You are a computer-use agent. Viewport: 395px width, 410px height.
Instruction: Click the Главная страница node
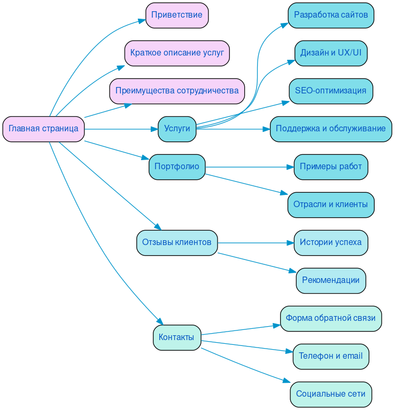click(x=43, y=129)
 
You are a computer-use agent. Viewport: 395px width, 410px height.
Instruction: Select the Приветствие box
click(x=176, y=15)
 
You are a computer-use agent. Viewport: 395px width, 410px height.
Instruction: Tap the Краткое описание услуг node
click(x=177, y=53)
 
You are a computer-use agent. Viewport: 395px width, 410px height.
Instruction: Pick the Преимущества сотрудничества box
click(x=177, y=91)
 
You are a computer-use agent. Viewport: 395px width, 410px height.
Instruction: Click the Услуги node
click(x=177, y=129)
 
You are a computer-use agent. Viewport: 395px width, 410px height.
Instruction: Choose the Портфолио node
click(x=177, y=167)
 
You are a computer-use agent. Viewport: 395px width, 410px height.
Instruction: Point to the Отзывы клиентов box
click(x=177, y=242)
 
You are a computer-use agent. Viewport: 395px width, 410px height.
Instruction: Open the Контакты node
click(x=177, y=337)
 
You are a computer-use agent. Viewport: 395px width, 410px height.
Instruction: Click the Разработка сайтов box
click(x=331, y=15)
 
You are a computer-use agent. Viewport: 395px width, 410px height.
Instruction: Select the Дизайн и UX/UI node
click(x=331, y=53)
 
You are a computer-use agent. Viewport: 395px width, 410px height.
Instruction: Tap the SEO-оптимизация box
click(x=331, y=91)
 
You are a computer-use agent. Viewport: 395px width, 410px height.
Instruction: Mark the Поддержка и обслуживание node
click(x=331, y=129)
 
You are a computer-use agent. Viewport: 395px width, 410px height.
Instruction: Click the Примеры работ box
click(x=331, y=167)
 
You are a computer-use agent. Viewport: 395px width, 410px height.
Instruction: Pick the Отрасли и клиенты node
click(x=331, y=204)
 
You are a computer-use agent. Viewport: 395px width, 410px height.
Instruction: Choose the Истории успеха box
click(x=331, y=242)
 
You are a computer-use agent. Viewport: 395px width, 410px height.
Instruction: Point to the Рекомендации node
click(x=331, y=280)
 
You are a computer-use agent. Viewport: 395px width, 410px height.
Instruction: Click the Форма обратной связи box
click(x=331, y=318)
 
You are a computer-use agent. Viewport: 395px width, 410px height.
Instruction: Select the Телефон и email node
click(x=331, y=356)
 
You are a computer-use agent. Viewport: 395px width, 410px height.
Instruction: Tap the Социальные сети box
click(x=331, y=394)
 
